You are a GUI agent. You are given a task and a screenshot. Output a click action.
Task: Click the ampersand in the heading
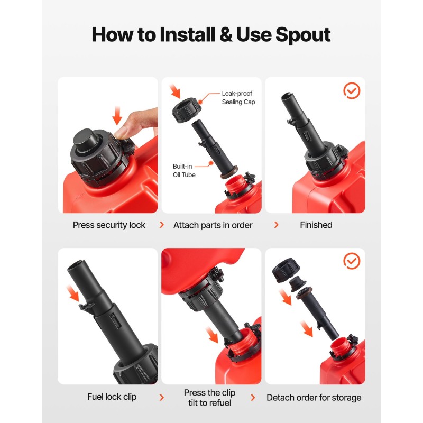point(226,34)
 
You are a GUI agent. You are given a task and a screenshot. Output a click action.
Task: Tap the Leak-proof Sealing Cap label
point(238,98)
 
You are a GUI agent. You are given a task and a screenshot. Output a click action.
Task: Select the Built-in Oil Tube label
point(184,170)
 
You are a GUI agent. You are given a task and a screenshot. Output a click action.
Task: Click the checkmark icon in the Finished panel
point(352,90)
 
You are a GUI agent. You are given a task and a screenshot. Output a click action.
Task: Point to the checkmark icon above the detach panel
point(352,261)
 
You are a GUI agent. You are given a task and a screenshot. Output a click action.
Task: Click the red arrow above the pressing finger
point(117,115)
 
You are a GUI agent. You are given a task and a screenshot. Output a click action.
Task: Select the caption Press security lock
point(109,225)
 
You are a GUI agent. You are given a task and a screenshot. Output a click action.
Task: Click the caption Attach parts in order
point(213,225)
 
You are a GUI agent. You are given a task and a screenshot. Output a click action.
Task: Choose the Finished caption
point(316,225)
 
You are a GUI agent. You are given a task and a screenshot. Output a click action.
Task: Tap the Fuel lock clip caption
point(112,397)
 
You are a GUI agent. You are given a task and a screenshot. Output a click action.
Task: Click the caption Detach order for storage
point(314,398)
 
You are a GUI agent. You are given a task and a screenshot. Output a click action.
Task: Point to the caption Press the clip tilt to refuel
point(209,398)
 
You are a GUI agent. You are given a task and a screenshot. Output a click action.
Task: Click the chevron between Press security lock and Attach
point(162,225)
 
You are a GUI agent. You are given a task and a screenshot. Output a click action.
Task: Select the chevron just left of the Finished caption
point(276,225)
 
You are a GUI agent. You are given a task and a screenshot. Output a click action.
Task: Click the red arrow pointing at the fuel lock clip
point(73,293)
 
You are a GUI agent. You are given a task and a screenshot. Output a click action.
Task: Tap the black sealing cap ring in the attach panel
point(187,111)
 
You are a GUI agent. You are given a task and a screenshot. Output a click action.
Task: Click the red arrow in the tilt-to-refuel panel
point(212,335)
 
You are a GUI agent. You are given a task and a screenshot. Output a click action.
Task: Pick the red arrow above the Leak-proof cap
point(176,91)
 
